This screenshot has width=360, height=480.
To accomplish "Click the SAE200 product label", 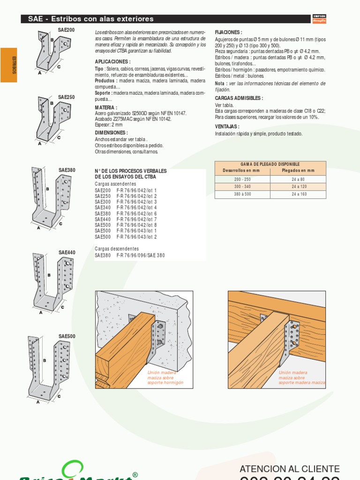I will [66, 30].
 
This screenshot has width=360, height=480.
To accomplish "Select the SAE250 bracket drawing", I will [53, 120].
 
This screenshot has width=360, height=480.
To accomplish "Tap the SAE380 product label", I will [67, 170].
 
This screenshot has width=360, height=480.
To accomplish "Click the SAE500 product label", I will [67, 337].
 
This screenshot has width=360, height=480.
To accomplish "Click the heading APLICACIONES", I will [112, 62].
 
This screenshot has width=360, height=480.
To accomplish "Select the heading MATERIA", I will [106, 107].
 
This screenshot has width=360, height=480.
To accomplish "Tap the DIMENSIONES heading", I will [111, 133].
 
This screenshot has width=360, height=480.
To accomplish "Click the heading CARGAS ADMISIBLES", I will [239, 98].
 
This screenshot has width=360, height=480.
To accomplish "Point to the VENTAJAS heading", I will [227, 127].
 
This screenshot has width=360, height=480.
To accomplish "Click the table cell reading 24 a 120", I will [298, 187].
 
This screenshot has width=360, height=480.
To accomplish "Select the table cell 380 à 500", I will [242, 194].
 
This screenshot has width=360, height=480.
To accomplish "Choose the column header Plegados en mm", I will [298, 171].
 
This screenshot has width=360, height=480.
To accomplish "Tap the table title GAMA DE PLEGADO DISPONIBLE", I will [270, 165].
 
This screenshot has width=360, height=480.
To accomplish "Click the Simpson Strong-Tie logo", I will [319, 19].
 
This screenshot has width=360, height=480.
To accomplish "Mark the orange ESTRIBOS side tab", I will [9, 65].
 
